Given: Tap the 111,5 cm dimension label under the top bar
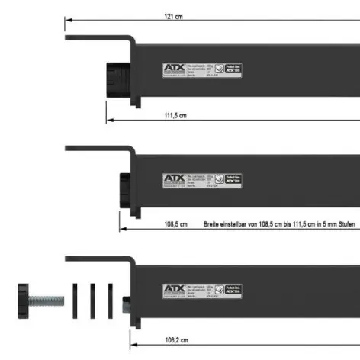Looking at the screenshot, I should click(x=175, y=114).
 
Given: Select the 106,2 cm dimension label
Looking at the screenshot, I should click(x=176, y=339).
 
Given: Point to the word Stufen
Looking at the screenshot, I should click(x=341, y=224).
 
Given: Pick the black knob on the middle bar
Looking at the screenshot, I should click(x=126, y=188).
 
